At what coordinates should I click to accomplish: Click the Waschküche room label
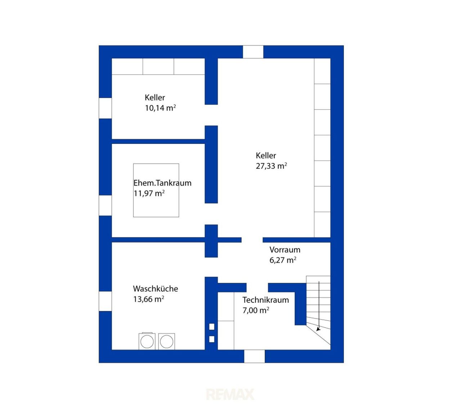156,289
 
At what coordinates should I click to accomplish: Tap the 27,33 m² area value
271,166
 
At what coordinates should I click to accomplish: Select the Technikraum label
265,300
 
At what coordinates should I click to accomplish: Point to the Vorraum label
285,250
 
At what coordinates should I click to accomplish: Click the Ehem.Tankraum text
162,183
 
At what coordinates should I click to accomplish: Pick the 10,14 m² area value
160,108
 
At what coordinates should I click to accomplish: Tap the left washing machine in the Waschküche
147,341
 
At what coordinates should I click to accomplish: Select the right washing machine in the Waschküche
166,341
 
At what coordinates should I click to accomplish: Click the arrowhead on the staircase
319,329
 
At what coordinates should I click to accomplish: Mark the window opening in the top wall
253,52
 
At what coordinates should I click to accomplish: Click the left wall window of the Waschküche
105,301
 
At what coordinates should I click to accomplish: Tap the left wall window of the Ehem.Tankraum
105,205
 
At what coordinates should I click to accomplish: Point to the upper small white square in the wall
212,327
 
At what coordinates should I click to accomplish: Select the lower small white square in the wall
212,339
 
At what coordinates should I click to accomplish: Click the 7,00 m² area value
256,310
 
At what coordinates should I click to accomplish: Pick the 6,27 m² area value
283,260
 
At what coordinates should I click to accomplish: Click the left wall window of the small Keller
105,108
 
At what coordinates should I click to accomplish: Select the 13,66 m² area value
149,299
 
